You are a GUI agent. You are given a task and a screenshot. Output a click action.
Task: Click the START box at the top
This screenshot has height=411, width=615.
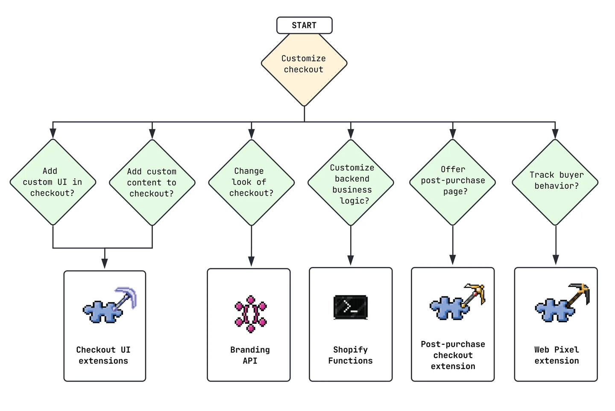point(304,25)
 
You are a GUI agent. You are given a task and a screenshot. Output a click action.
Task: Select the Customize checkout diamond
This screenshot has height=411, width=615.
point(304,64)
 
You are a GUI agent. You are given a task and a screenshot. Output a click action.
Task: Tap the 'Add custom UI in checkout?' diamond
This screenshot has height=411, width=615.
point(53,182)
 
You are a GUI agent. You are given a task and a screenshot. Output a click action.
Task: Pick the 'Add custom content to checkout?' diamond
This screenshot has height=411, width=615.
point(152,182)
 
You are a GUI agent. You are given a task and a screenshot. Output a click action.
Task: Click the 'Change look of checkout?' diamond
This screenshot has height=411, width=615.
point(251,182)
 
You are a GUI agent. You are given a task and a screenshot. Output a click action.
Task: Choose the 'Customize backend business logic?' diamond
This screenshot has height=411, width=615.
point(351,183)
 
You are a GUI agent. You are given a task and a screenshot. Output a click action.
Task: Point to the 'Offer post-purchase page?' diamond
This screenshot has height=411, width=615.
point(453,182)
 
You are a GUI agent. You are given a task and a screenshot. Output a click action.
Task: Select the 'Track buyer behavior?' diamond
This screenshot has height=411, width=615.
point(555,182)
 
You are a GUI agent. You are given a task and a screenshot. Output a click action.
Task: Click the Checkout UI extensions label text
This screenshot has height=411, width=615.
point(103,355)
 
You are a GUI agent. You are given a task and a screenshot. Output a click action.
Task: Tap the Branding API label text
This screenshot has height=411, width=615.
point(250,355)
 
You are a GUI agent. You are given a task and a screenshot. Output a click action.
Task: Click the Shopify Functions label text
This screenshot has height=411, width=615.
point(350,355)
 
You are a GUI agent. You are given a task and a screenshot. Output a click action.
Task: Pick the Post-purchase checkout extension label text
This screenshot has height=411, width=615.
point(453,355)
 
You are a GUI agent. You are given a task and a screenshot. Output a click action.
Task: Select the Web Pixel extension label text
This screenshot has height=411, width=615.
point(556,355)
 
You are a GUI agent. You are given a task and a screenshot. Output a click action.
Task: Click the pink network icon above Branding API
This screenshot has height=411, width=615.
point(251,314)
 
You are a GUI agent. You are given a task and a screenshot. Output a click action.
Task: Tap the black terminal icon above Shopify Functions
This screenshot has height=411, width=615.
point(350,307)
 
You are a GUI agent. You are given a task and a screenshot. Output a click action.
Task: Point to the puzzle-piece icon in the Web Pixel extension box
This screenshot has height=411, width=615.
point(554,310)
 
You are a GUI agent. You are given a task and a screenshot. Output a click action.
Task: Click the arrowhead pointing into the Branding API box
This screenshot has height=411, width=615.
point(251,261)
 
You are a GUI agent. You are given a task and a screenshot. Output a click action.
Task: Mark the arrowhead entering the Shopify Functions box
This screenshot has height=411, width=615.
point(351,260)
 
